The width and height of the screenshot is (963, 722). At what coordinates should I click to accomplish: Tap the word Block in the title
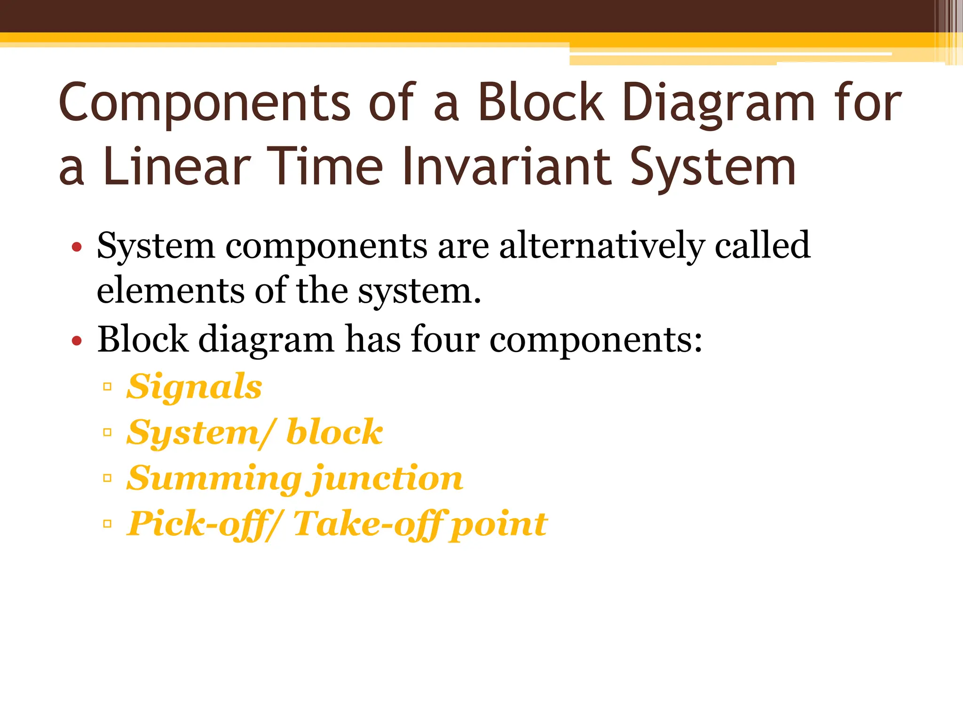point(541,102)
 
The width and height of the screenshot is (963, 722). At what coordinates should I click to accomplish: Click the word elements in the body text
point(170,290)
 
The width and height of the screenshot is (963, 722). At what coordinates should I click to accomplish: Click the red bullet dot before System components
point(77,247)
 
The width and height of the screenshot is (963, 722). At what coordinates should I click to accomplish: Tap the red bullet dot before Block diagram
point(77,341)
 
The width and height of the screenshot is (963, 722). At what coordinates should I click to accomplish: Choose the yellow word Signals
point(194,386)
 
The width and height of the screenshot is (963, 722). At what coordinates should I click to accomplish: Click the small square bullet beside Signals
point(107,387)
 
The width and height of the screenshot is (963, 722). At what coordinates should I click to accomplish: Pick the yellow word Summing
point(213,479)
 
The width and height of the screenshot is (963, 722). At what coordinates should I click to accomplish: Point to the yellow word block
point(334,432)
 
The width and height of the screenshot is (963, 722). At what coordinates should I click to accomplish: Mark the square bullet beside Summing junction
point(107,479)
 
